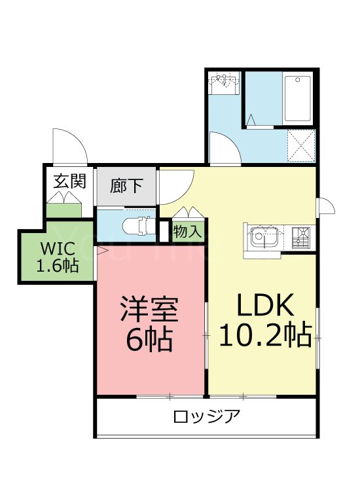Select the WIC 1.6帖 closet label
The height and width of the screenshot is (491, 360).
(58, 258)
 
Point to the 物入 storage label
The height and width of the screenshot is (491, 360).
(189, 231)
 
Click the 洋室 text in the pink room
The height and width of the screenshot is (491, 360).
(149, 310)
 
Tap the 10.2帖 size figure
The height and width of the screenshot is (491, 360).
(265, 336)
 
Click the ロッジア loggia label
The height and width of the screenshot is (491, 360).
(207, 416)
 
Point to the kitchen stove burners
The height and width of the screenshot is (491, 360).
(302, 236)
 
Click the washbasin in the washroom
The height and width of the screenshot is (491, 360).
(225, 84)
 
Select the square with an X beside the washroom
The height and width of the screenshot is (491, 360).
(302, 145)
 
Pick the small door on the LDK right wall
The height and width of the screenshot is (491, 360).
(325, 206)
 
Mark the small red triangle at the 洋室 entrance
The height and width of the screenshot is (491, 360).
(102, 249)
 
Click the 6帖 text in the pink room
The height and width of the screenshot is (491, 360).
(149, 338)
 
